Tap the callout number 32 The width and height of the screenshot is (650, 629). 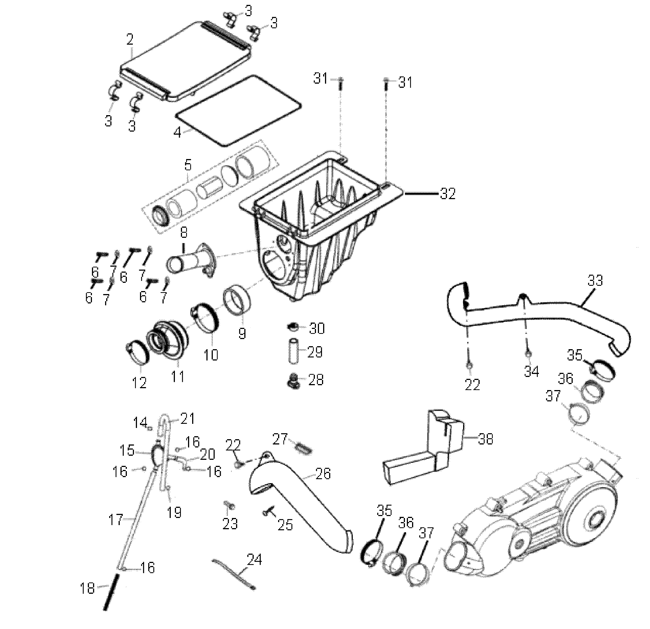(x=447, y=194)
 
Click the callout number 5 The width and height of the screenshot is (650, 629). (x=188, y=165)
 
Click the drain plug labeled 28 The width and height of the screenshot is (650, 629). (x=292, y=380)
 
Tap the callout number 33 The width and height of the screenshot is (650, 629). (x=594, y=281)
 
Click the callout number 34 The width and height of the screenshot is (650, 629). (x=531, y=371)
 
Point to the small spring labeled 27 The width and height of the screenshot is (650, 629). (x=302, y=448)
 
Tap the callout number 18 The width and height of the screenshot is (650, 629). (x=87, y=588)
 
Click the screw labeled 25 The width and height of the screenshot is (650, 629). (x=269, y=510)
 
